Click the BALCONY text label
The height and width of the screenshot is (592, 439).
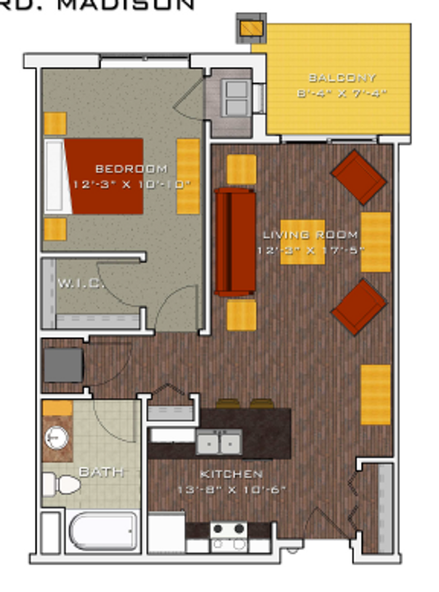click(x=342, y=78)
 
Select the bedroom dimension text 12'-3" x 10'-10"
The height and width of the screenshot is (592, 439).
click(x=131, y=184)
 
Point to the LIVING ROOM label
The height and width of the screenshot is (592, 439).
click(x=310, y=235)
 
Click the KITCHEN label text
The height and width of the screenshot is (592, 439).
click(x=232, y=474)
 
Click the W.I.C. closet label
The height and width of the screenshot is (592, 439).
click(x=80, y=284)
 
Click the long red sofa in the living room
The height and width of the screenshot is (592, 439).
click(x=235, y=242)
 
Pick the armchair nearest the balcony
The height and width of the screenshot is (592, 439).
click(x=358, y=176)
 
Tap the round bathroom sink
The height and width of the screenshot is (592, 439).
click(x=57, y=437)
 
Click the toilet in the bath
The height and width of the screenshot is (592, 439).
click(x=60, y=485)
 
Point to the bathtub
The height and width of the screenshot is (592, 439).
click(x=103, y=531)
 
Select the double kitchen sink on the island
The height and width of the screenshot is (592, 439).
click(x=219, y=442)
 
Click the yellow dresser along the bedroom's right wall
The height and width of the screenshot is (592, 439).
click(x=188, y=176)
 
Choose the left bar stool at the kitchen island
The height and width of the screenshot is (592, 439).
click(x=227, y=404)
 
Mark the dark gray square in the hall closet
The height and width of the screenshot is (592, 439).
click(x=63, y=364)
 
